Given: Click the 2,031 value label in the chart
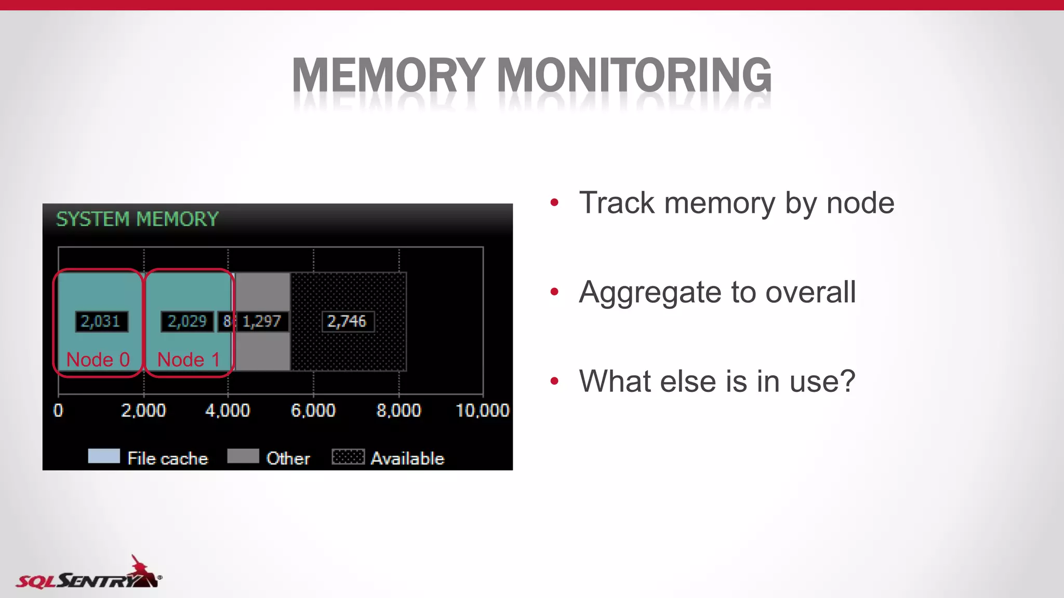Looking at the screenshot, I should pyautogui.click(x=101, y=321).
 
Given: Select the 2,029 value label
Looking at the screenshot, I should pyautogui.click(x=187, y=321).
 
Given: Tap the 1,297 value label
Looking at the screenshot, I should pyautogui.click(x=262, y=321).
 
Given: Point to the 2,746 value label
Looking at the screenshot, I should pyautogui.click(x=347, y=321).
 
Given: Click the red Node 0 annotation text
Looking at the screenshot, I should pyautogui.click(x=98, y=359).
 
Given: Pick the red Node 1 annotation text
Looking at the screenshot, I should pyautogui.click(x=188, y=359).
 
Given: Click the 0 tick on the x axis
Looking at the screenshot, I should pyautogui.click(x=58, y=411).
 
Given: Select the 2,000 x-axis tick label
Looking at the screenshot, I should pyautogui.click(x=143, y=411).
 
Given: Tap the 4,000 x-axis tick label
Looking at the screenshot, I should pyautogui.click(x=228, y=411).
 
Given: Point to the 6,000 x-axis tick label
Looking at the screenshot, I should pyautogui.click(x=313, y=411).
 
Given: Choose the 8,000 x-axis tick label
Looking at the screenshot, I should pyautogui.click(x=398, y=411).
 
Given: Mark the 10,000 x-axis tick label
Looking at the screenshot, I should pyautogui.click(x=482, y=411).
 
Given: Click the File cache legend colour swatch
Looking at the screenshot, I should pyautogui.click(x=104, y=456).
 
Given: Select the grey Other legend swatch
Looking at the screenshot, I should pyautogui.click(x=243, y=456).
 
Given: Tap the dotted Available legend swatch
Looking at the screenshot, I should pyautogui.click(x=348, y=456).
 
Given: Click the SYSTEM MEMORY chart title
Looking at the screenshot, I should pyautogui.click(x=137, y=219).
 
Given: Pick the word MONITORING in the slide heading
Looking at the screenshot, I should pyautogui.click(x=634, y=76).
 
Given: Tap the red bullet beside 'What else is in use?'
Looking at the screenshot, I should pyautogui.click(x=554, y=382).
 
